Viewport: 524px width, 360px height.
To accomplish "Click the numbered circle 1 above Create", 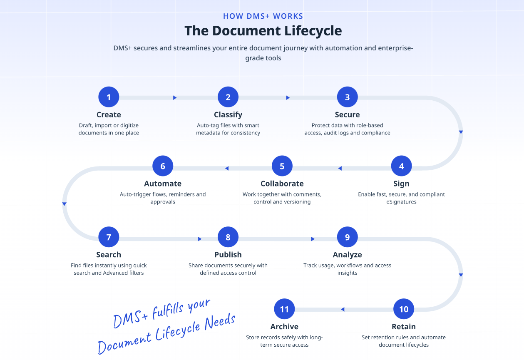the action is coord(109,97).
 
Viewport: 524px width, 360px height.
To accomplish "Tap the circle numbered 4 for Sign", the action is coord(401,166).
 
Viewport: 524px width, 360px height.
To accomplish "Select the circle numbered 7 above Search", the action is coord(109,237).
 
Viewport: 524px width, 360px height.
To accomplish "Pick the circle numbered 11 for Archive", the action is coord(284,309).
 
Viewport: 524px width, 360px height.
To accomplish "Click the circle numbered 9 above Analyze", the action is coord(348,237).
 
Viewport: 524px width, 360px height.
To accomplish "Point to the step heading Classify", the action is coord(228,114).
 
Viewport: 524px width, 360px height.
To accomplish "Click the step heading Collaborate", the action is coord(282,184).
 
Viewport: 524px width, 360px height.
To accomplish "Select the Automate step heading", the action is coord(163,184).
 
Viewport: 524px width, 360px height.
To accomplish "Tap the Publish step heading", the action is coord(228,255).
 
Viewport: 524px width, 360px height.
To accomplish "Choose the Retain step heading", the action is coord(404,327).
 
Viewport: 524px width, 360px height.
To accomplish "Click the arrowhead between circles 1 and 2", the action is coord(175,97).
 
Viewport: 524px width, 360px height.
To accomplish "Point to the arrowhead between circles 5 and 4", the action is coord(340,168).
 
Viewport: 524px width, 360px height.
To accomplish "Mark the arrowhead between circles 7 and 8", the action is coord(200,239).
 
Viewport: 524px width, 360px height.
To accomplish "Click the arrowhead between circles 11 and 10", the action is coord(343,309).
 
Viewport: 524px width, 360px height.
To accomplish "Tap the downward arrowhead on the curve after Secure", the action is coord(461,132).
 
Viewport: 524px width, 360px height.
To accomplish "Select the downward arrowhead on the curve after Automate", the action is coord(65,204).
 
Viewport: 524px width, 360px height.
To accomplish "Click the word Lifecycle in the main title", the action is coord(313,31).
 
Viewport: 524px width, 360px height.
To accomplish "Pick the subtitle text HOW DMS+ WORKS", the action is coord(263,16).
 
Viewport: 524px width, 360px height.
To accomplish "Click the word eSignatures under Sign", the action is coord(401,201).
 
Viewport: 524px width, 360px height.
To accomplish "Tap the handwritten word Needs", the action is coord(220,322).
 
